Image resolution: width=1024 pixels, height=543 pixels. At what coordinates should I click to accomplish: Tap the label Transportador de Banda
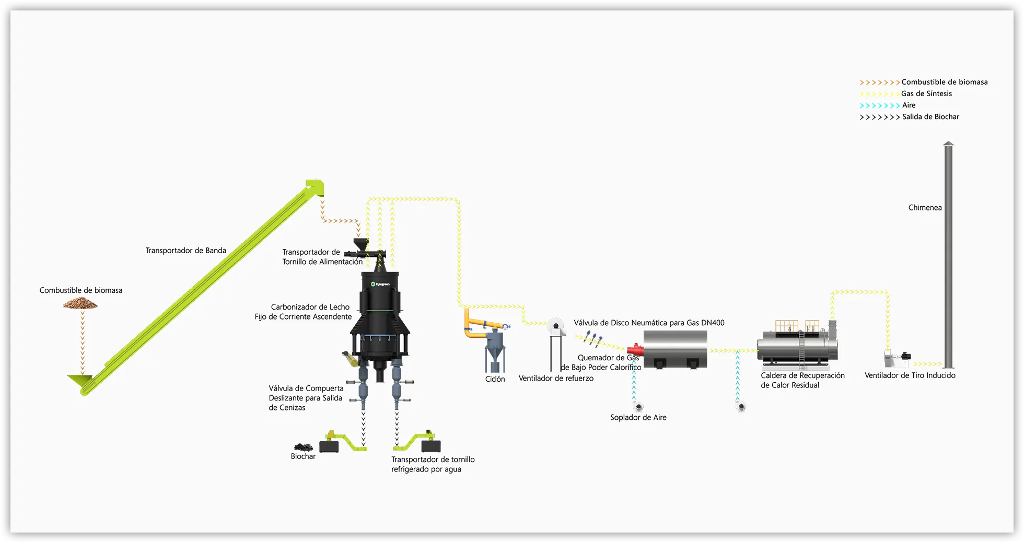(x=185, y=251)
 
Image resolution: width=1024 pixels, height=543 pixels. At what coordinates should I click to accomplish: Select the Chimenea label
(x=925, y=208)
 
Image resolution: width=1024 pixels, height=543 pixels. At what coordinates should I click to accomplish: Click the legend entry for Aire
(x=909, y=105)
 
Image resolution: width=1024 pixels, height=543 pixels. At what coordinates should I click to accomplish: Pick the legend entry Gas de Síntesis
(x=926, y=94)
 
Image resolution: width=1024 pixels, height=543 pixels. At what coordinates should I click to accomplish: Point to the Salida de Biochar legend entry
(x=930, y=117)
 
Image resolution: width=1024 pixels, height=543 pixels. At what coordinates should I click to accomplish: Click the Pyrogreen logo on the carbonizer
(x=380, y=284)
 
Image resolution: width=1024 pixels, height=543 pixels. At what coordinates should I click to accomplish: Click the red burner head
(x=634, y=349)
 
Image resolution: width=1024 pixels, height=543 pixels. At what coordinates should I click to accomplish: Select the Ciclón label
(x=495, y=379)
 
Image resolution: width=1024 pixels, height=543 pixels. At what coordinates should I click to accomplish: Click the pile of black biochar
(x=303, y=447)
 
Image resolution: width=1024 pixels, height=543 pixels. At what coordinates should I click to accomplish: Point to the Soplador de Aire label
(x=638, y=418)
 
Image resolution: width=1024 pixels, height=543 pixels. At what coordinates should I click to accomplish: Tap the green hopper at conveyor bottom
(x=80, y=381)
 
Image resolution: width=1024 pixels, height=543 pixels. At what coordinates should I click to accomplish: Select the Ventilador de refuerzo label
(x=556, y=379)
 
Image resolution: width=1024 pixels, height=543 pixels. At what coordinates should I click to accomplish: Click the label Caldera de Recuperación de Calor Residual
(x=802, y=380)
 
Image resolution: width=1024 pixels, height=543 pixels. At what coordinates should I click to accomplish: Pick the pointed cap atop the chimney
(x=948, y=144)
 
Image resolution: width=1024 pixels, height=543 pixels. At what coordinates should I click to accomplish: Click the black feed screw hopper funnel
(x=360, y=244)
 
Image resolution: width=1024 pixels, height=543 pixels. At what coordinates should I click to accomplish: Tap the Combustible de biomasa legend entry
(x=944, y=82)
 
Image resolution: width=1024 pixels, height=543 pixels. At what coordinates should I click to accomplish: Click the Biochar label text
(x=303, y=456)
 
